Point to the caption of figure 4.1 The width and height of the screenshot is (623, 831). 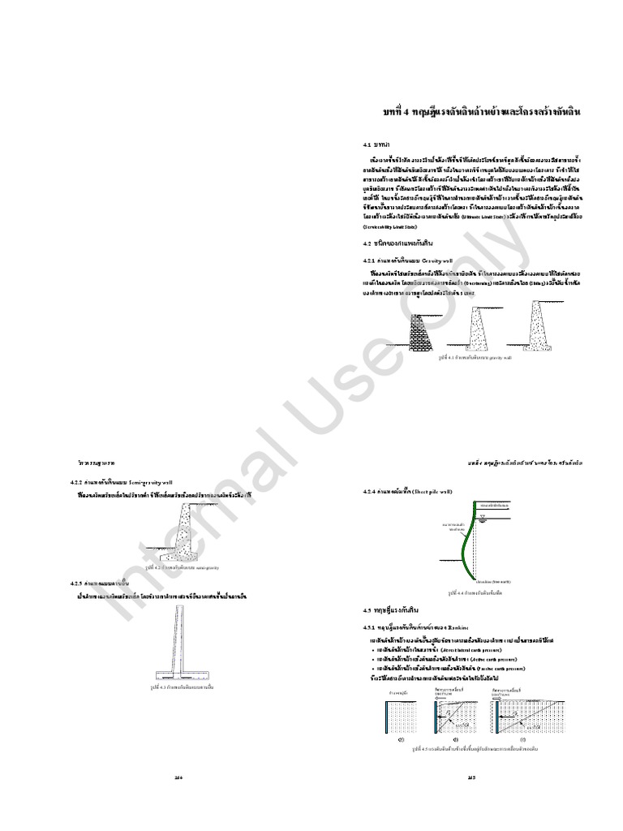click(x=475, y=356)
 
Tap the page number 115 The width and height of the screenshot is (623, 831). click(x=470, y=777)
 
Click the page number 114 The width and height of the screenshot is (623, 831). click(x=180, y=777)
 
